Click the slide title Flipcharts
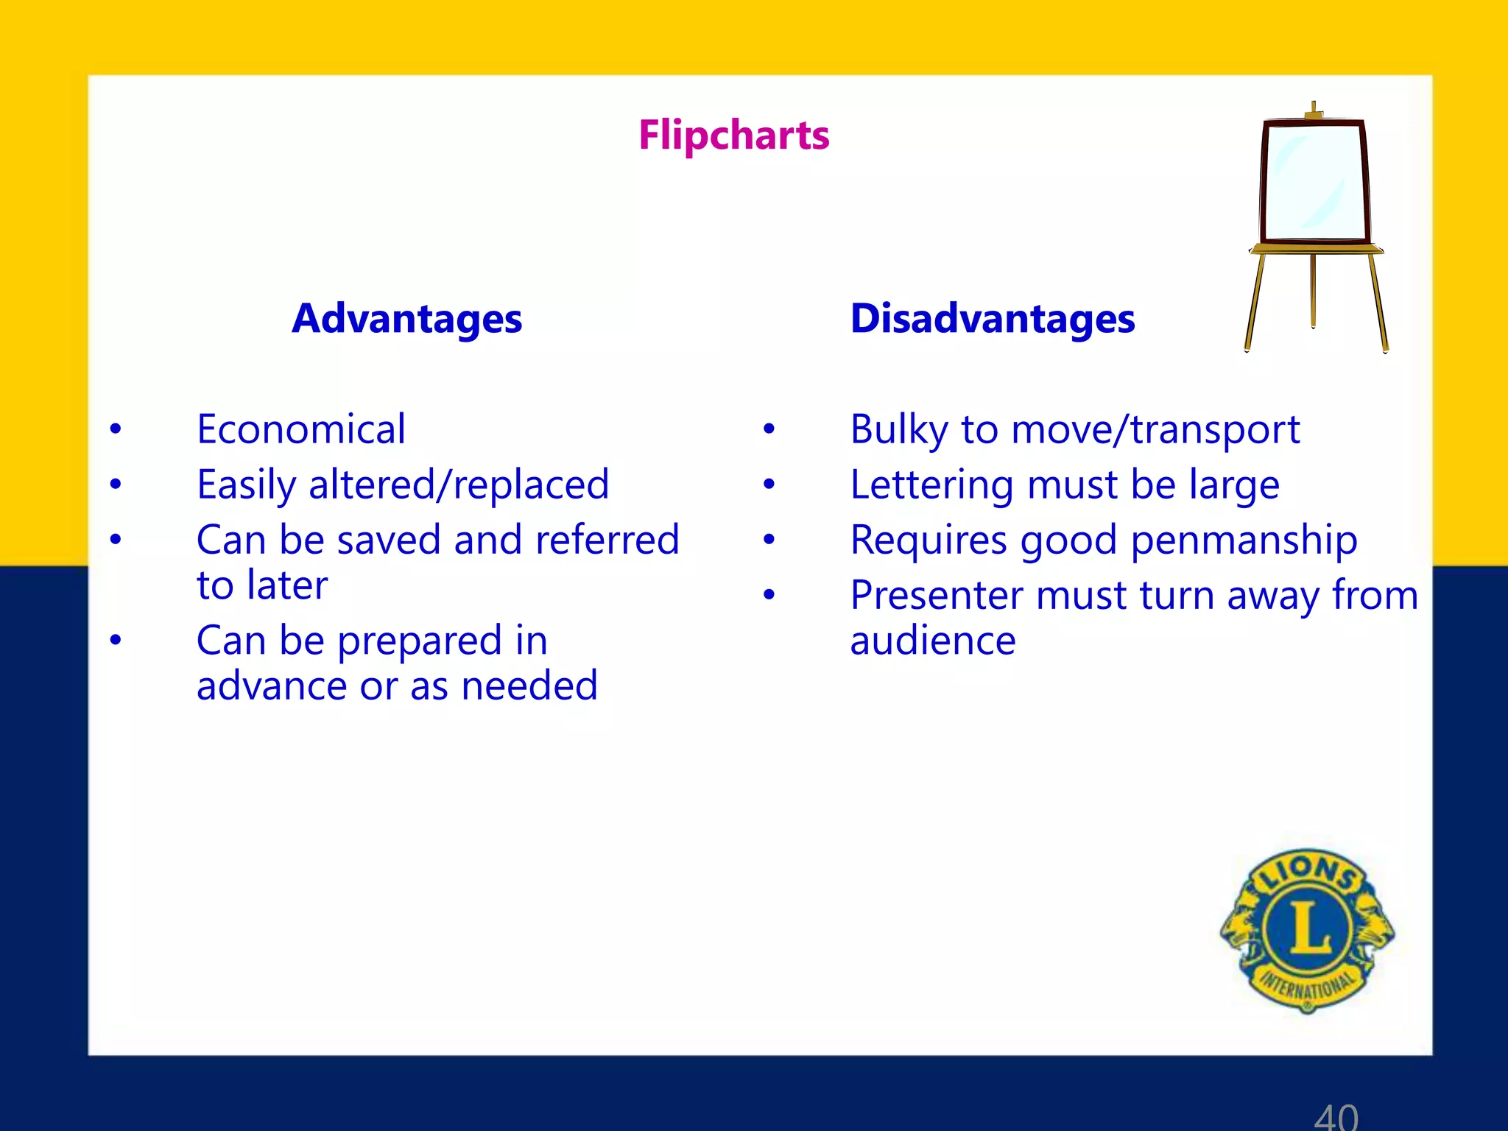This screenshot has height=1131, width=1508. click(x=733, y=135)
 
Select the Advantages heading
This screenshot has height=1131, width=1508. click(x=406, y=319)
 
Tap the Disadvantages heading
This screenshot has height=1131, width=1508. click(x=992, y=319)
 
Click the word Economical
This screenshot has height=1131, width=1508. click(x=300, y=429)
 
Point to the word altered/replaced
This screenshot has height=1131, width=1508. click(x=459, y=485)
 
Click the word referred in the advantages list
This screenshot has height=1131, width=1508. click(x=607, y=540)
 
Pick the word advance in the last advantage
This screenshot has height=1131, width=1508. click(x=272, y=686)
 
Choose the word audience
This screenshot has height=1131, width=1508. click(x=932, y=641)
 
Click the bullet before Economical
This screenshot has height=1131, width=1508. click(x=116, y=429)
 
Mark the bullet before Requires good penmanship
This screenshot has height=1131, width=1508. click(x=769, y=540)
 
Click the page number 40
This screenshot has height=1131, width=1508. click(x=1336, y=1116)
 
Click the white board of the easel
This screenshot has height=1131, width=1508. click(x=1313, y=181)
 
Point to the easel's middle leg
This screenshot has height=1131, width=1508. click(x=1313, y=291)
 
